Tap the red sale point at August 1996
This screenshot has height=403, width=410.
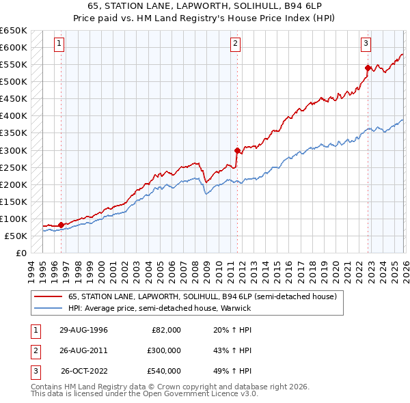[x=61, y=225]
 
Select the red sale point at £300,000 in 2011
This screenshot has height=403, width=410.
[x=237, y=150]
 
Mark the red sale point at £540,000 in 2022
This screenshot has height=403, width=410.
[x=368, y=68]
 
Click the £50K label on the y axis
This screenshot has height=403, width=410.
[x=15, y=236]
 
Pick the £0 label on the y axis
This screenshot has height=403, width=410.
[x=20, y=253]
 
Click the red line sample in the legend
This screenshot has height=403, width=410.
[x=49, y=297]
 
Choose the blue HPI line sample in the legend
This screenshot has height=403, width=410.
[x=49, y=308]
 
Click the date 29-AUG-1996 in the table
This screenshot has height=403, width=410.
[x=83, y=330]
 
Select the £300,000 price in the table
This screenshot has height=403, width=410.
[x=165, y=350]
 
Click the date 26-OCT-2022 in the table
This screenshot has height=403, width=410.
[x=85, y=371]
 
